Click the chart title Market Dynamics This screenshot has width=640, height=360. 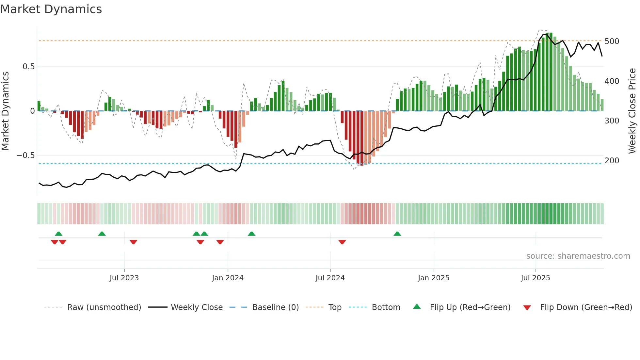[x=51, y=9]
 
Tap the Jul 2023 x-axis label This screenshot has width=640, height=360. [x=124, y=278]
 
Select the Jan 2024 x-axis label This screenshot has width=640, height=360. [x=228, y=278]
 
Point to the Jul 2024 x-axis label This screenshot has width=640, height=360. [x=330, y=278]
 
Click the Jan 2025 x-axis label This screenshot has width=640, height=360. [x=434, y=278]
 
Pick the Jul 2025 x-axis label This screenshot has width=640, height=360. [x=536, y=278]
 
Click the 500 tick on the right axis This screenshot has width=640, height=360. [x=612, y=41]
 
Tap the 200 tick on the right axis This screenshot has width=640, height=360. [x=612, y=161]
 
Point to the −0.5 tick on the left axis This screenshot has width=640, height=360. [x=25, y=155]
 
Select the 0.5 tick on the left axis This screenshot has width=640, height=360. [x=28, y=67]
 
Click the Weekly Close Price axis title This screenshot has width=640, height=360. [x=632, y=111]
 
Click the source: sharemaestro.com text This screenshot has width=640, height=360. [x=578, y=256]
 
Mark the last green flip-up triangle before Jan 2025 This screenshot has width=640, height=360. [x=397, y=234]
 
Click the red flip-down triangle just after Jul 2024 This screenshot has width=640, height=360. [x=342, y=242]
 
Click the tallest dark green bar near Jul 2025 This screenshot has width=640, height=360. [x=551, y=72]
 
